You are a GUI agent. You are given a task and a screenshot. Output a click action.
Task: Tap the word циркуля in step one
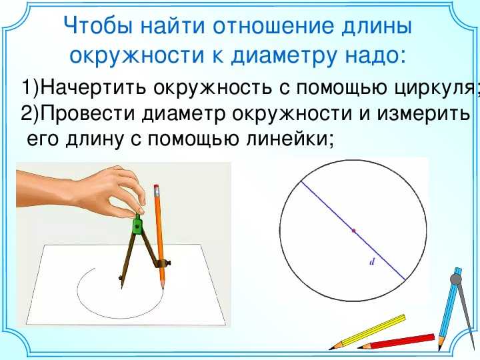[435, 88]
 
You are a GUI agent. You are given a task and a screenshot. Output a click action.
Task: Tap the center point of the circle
[354, 231]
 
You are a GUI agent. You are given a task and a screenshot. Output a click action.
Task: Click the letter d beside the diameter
[372, 262]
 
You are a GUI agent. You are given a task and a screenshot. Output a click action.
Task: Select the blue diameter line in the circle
[353, 230]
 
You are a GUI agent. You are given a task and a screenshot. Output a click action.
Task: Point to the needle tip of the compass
[121, 288]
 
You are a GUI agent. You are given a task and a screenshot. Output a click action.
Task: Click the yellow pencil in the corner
[367, 331]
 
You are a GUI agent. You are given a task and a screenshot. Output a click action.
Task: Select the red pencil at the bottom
[396, 342]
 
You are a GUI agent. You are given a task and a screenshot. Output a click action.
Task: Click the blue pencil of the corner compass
[448, 309]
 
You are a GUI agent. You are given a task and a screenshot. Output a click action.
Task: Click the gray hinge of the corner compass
[455, 279]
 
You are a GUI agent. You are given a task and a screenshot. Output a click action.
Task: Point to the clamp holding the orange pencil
[162, 263]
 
